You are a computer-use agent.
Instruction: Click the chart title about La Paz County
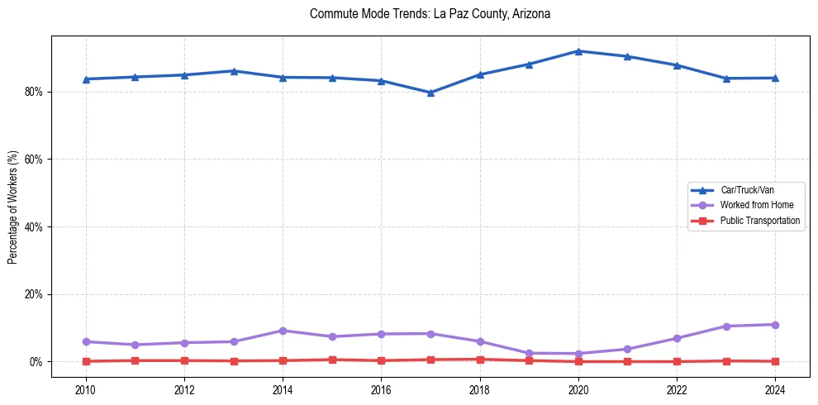430,14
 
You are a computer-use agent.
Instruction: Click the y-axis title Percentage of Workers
12,207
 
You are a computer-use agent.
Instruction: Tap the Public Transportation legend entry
759,221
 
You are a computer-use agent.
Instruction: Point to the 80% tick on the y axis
33,92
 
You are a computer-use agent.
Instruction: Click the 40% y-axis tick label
33,226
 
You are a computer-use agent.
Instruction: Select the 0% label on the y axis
36,362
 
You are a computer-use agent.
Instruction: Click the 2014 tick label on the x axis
283,389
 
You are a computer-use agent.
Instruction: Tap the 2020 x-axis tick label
578,389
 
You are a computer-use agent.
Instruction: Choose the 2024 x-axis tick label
775,389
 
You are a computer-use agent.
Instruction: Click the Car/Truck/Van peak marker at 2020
578,51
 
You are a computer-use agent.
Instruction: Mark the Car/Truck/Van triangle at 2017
430,93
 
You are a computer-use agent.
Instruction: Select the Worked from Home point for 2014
283,331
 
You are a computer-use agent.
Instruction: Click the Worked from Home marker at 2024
775,325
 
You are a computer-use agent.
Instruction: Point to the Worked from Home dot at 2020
578,354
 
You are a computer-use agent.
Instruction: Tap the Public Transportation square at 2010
86,361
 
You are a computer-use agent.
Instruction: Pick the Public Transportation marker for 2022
677,361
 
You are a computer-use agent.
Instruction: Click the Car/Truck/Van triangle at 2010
86,79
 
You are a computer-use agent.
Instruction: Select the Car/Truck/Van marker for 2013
234,71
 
